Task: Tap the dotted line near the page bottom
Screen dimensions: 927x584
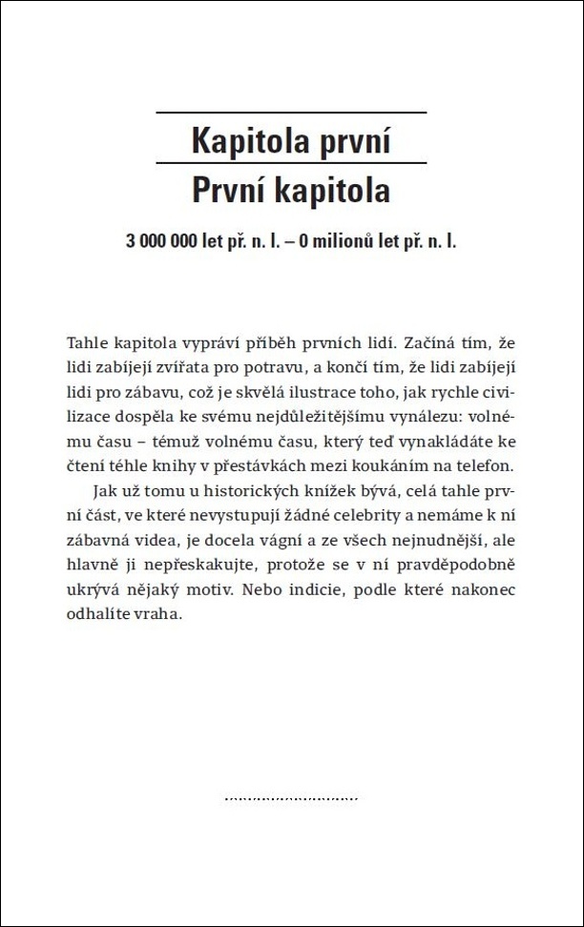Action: pyautogui.click(x=290, y=797)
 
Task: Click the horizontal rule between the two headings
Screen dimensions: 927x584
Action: pyautogui.click(x=290, y=164)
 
